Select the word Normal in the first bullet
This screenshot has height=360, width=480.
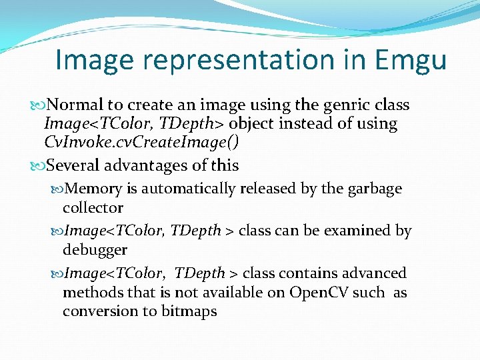77,105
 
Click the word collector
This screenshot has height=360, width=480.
93,207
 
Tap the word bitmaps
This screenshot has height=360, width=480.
189,311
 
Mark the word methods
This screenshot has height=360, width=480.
89,293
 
